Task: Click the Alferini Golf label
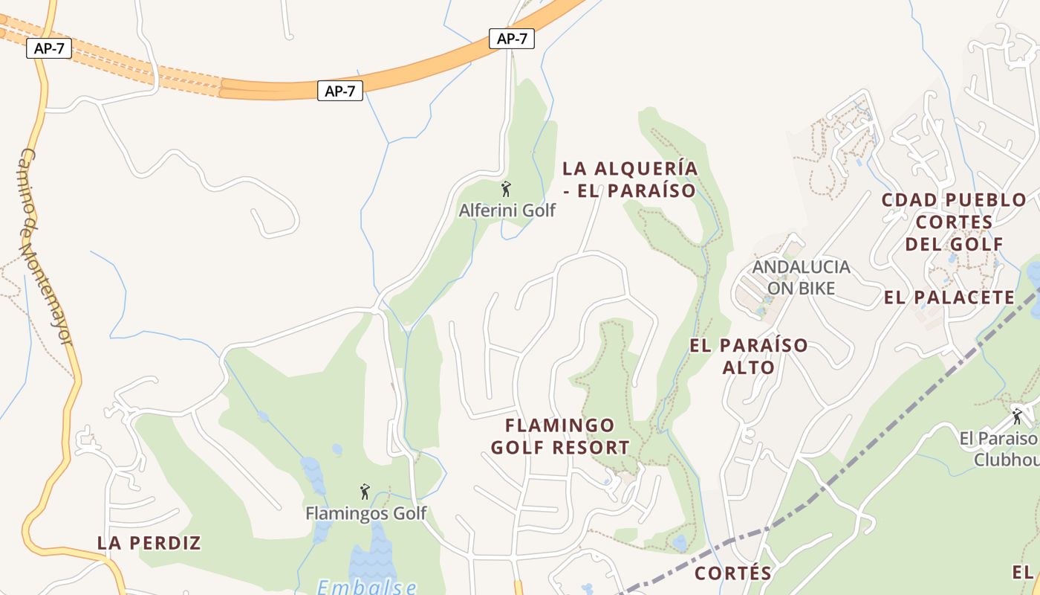click(x=507, y=210)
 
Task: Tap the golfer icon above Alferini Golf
click(x=506, y=189)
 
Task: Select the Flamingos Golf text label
click(x=366, y=513)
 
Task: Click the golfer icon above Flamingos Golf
click(x=365, y=492)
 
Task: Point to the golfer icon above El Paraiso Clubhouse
click(x=1017, y=416)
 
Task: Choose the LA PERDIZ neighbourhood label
click(x=149, y=543)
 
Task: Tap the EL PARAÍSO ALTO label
click(x=749, y=356)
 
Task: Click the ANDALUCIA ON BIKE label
click(x=801, y=277)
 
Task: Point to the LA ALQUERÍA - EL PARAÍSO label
click(x=630, y=179)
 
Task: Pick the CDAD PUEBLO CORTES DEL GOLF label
click(x=954, y=222)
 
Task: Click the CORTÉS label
click(x=733, y=573)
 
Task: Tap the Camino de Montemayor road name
click(x=45, y=245)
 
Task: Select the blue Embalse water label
click(x=367, y=587)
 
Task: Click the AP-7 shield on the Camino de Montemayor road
click(x=49, y=49)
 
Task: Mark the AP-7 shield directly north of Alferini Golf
click(x=512, y=39)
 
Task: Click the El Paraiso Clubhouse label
click(x=999, y=449)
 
